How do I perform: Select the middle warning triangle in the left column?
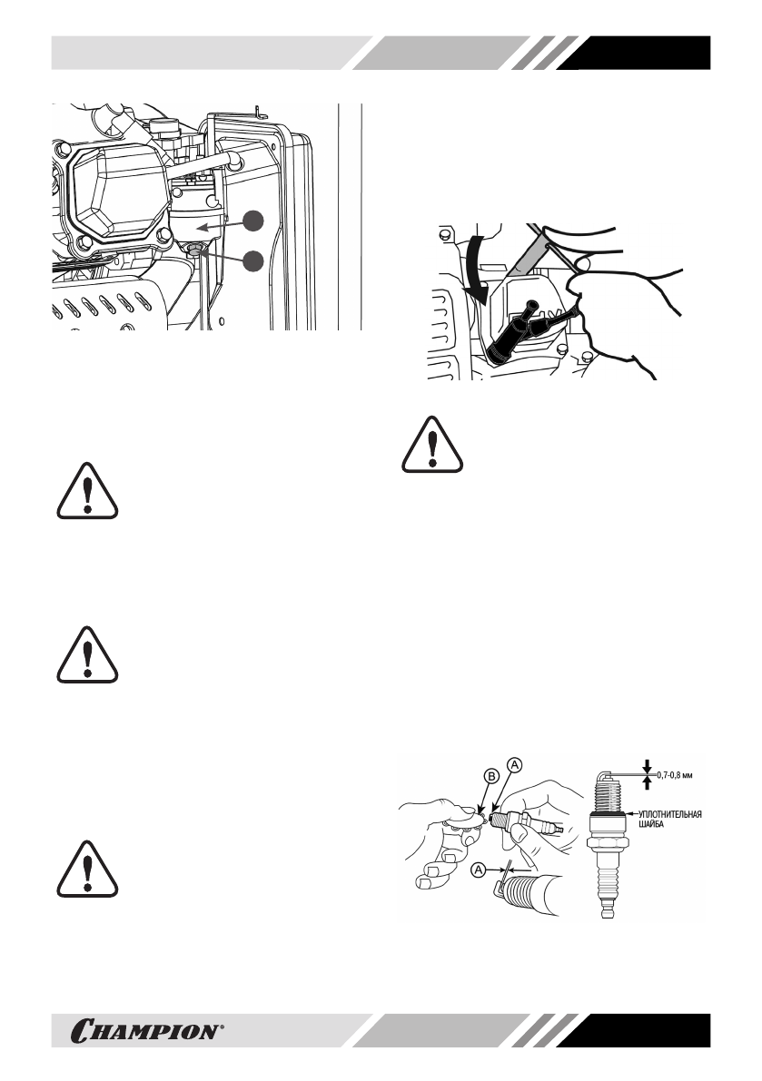tap(87, 656)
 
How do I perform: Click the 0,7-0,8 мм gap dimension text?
tap(676, 773)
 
